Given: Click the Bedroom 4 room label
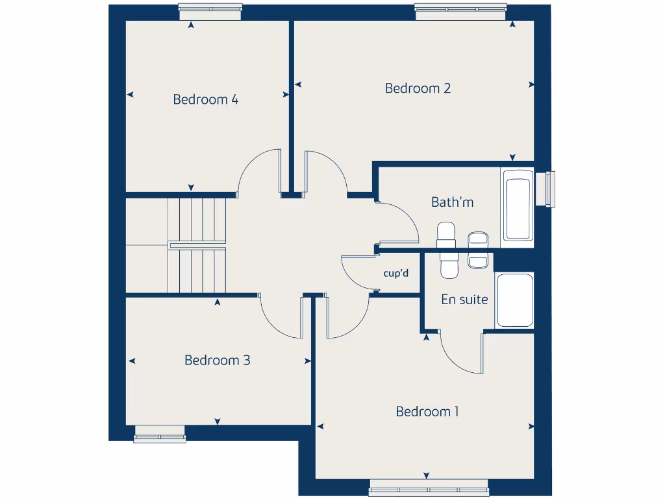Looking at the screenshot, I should pyautogui.click(x=205, y=99).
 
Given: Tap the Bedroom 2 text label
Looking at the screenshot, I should pyautogui.click(x=418, y=88).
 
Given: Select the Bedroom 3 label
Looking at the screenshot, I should pyautogui.click(x=217, y=360).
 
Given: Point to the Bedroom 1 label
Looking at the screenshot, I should pyautogui.click(x=427, y=411).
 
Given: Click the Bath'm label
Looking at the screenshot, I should pyautogui.click(x=452, y=202).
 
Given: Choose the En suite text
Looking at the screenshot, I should pyautogui.click(x=464, y=300).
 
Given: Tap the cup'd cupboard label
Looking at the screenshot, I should pyautogui.click(x=396, y=274).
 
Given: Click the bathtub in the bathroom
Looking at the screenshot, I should pyautogui.click(x=518, y=206).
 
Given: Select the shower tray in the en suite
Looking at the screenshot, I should pyautogui.click(x=514, y=300).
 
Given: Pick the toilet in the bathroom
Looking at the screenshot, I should pyautogui.click(x=447, y=234).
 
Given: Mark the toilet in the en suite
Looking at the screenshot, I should pyautogui.click(x=449, y=263).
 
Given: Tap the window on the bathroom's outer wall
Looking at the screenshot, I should pyautogui.click(x=551, y=189).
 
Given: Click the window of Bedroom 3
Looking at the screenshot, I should pyautogui.click(x=160, y=434).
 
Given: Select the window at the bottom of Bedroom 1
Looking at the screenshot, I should pyautogui.click(x=429, y=488).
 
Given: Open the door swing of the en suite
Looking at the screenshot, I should pyautogui.click(x=460, y=353).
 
